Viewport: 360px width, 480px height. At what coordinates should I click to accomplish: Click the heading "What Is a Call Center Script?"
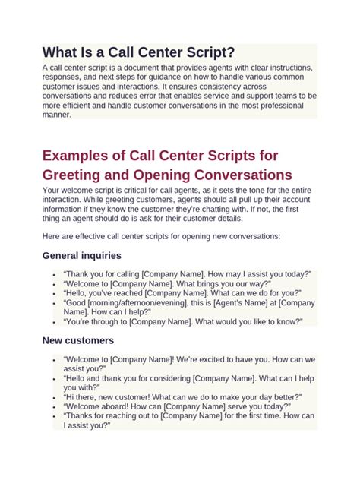(x=138, y=52)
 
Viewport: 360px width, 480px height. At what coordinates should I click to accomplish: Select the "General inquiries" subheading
(x=81, y=256)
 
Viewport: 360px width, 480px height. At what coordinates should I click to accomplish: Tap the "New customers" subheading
(x=78, y=341)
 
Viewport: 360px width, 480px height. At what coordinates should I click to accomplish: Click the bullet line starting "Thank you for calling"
(x=183, y=275)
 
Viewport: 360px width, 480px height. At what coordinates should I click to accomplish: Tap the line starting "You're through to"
(x=183, y=322)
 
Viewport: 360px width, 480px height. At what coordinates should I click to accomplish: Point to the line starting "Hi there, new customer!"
(x=183, y=397)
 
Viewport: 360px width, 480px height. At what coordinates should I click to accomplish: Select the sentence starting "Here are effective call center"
(x=161, y=236)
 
